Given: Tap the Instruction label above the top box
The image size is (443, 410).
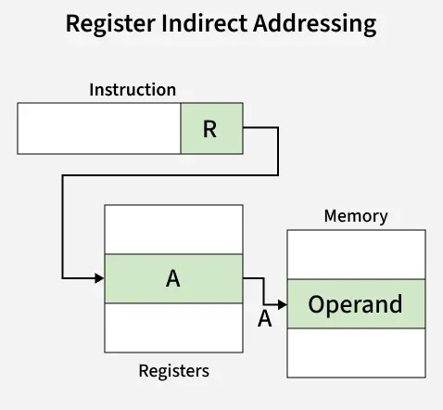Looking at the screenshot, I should [x=133, y=90].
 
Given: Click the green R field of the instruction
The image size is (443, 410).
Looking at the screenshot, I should [x=211, y=128].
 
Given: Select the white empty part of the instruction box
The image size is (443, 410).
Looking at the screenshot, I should [x=99, y=128].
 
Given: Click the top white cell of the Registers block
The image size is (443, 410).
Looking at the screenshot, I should [x=173, y=230].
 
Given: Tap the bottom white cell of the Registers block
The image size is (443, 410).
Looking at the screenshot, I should [x=173, y=327].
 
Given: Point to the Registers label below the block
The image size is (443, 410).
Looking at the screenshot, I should [x=173, y=371].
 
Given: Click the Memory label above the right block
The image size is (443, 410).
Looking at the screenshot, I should [x=356, y=216].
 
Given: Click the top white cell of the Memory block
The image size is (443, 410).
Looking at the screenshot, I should [x=356, y=255].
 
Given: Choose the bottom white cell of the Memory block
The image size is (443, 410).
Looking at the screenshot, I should [x=356, y=352].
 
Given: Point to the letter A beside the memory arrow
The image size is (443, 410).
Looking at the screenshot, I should [x=264, y=319].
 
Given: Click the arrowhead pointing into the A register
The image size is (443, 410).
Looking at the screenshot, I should [x=99, y=277].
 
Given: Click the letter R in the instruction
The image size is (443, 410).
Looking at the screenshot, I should [x=209, y=128].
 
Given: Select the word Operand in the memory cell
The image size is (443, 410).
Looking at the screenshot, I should [x=355, y=304].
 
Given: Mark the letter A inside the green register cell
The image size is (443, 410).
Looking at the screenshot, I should [x=172, y=278].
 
